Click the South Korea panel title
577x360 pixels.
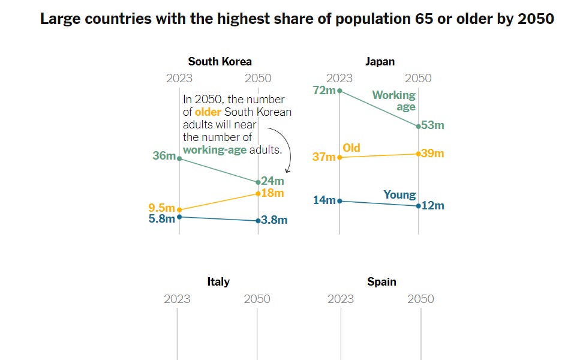coord(220,61)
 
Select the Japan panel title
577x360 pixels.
coord(380,61)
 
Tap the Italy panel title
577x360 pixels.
coord(218,281)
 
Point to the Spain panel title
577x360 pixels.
coord(381,281)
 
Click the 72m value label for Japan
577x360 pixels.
coord(324,91)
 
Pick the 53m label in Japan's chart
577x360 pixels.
coord(432,125)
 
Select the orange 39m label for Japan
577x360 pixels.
coord(432,154)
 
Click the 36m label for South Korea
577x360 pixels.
coord(164,156)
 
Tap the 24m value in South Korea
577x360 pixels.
coord(273,181)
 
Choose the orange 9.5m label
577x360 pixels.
coord(161,209)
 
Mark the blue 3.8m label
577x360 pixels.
coord(275,220)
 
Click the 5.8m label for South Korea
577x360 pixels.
coord(161,218)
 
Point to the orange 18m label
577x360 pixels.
coord(273,193)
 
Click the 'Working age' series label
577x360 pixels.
coord(394,101)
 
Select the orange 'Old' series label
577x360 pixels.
coord(351,148)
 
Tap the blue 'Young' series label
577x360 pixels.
coord(399,194)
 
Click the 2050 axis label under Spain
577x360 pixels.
coord(420,299)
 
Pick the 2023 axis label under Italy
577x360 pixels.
coord(177,299)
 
